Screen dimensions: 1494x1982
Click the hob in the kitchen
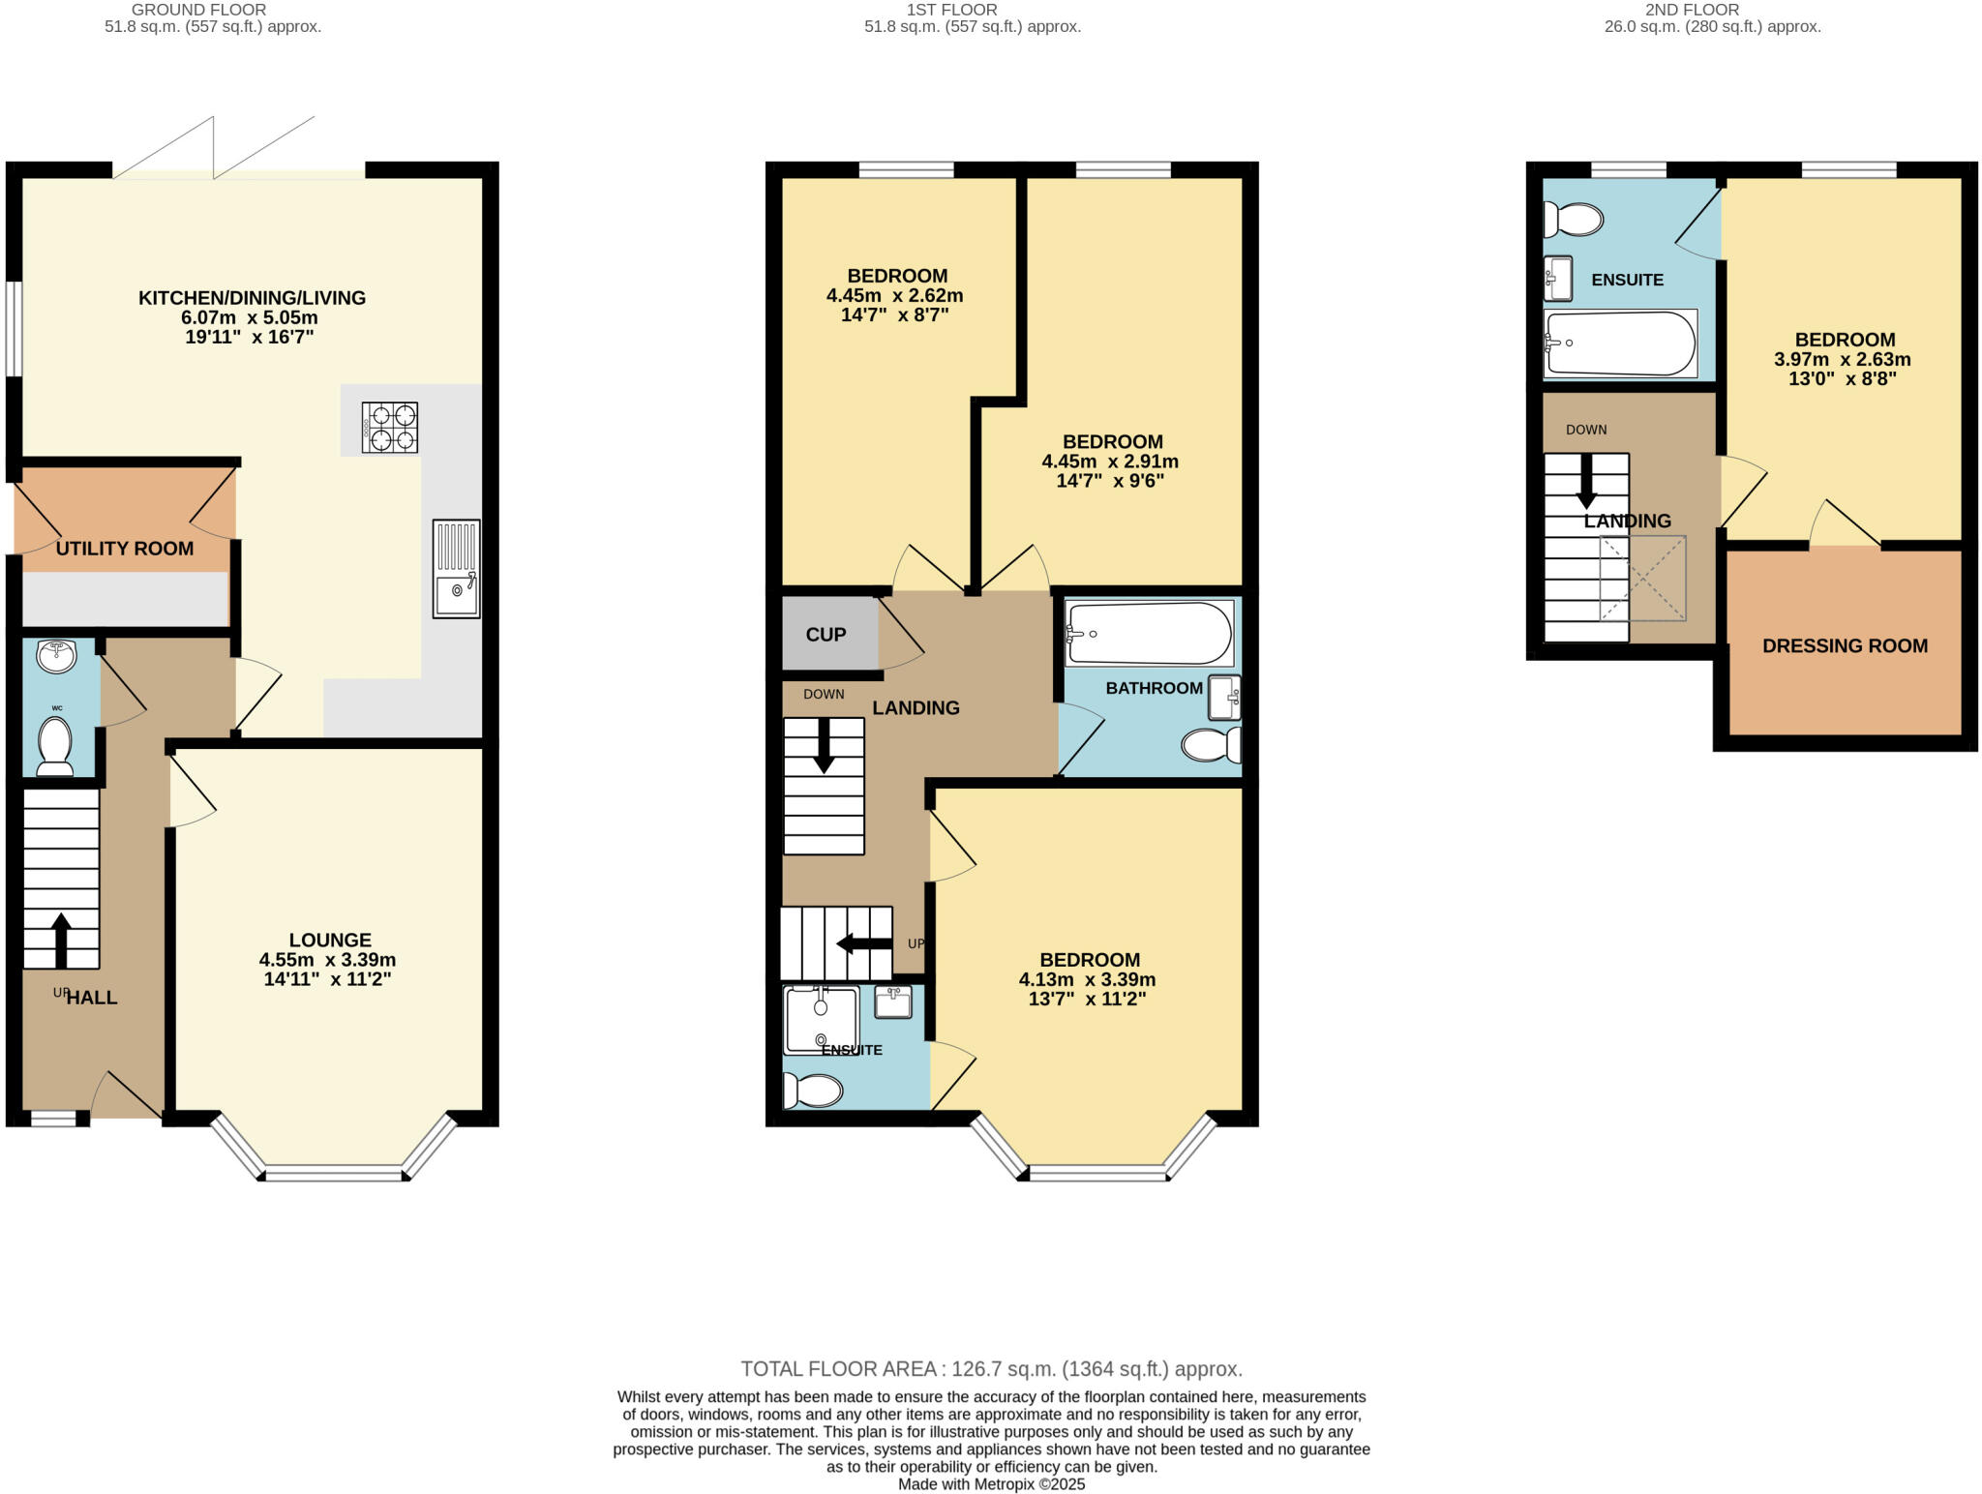(390, 428)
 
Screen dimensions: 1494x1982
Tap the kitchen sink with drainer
(456, 569)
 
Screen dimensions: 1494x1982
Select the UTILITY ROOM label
(125, 549)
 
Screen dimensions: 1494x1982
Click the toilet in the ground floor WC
(55, 748)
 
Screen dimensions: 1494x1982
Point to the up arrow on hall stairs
(61, 940)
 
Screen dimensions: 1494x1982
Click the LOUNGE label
(330, 940)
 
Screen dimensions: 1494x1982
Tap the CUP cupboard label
(826, 635)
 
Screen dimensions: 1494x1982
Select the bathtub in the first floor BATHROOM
(1149, 634)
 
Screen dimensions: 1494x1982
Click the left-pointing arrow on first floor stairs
(864, 943)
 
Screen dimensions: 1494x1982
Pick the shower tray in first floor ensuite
(821, 1019)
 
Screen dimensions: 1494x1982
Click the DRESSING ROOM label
(1845, 645)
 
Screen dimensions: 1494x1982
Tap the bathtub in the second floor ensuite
(1620, 344)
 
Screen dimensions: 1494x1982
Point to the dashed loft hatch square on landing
(1642, 579)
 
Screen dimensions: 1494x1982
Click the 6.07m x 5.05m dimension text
(250, 317)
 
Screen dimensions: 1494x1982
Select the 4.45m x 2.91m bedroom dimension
(1110, 462)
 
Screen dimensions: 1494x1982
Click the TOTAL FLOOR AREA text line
(991, 1369)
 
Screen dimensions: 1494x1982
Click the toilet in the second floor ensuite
(1573, 220)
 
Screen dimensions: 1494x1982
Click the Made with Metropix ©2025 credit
(991, 1484)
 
